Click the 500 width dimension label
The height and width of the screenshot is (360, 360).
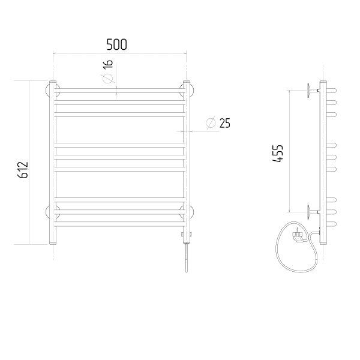pyautogui.click(x=116, y=44)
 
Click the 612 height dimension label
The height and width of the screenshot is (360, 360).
pyautogui.click(x=23, y=170)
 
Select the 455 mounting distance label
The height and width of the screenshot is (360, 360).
pyautogui.click(x=278, y=154)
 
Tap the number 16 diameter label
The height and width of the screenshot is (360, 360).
pyautogui.click(x=107, y=64)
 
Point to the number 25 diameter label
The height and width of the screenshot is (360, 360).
pyautogui.click(x=225, y=123)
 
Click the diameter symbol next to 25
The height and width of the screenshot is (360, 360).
pyautogui.click(x=211, y=123)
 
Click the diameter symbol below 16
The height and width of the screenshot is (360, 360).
pyautogui.click(x=107, y=79)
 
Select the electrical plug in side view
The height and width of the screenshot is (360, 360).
pyautogui.click(x=298, y=236)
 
